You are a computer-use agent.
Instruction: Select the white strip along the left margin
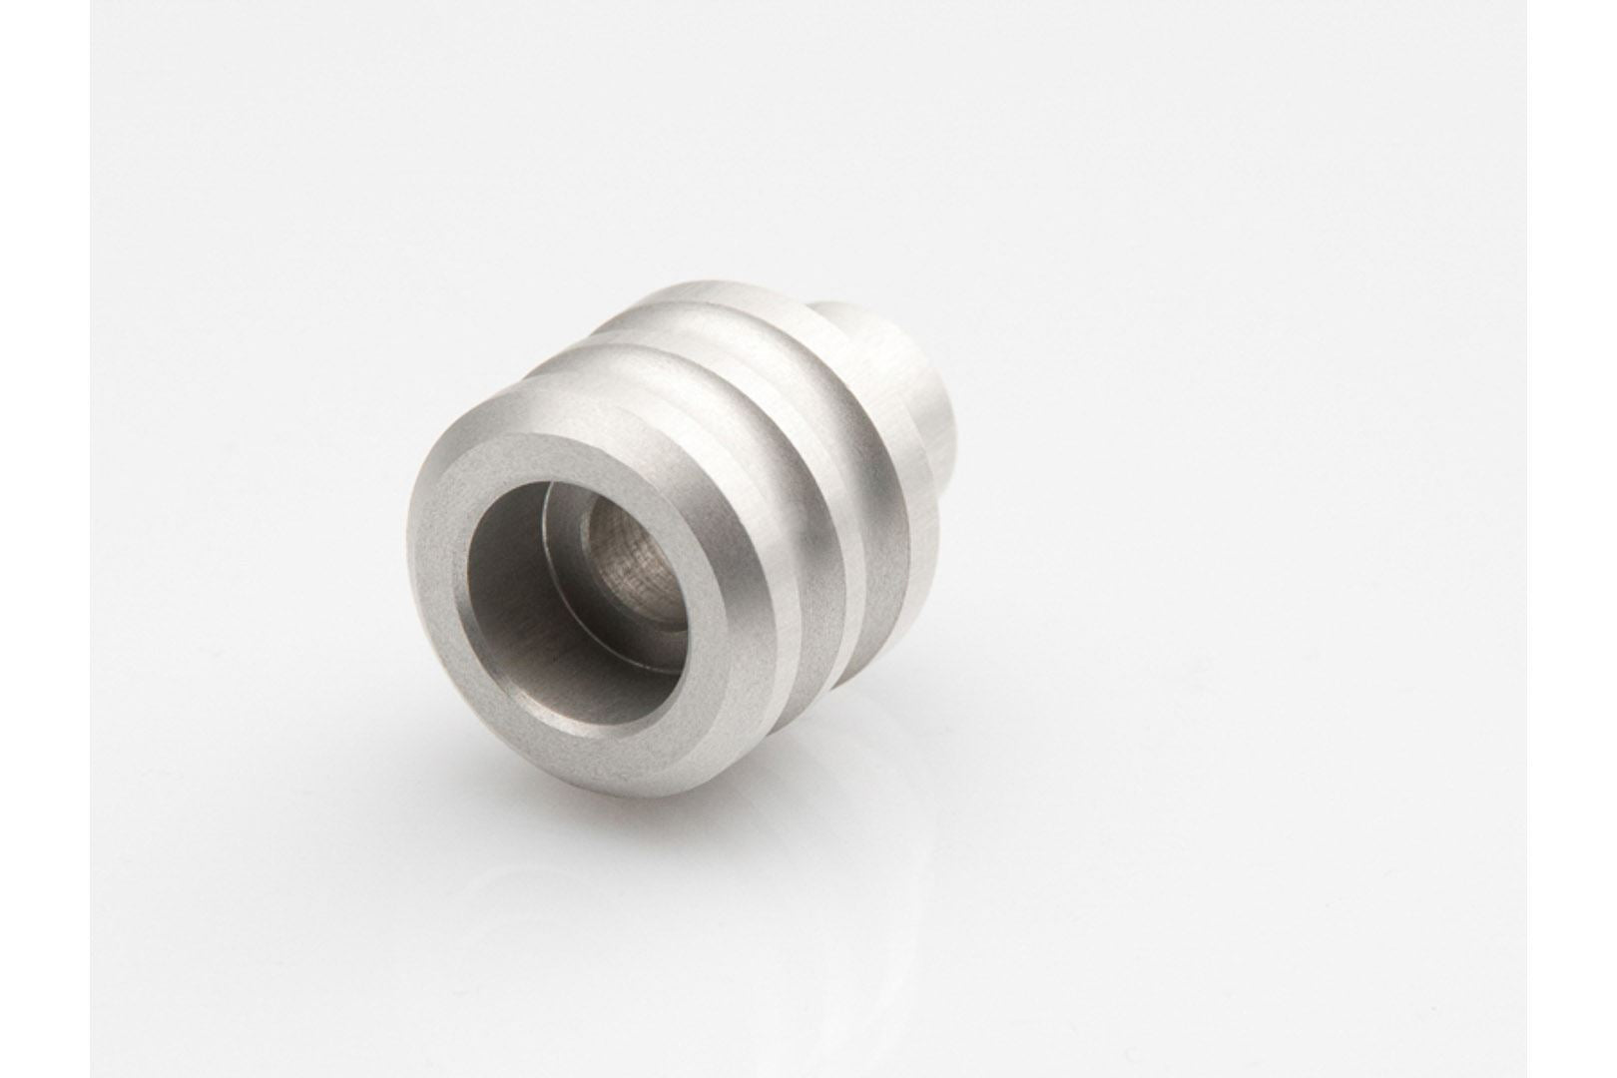coord(45,539)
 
